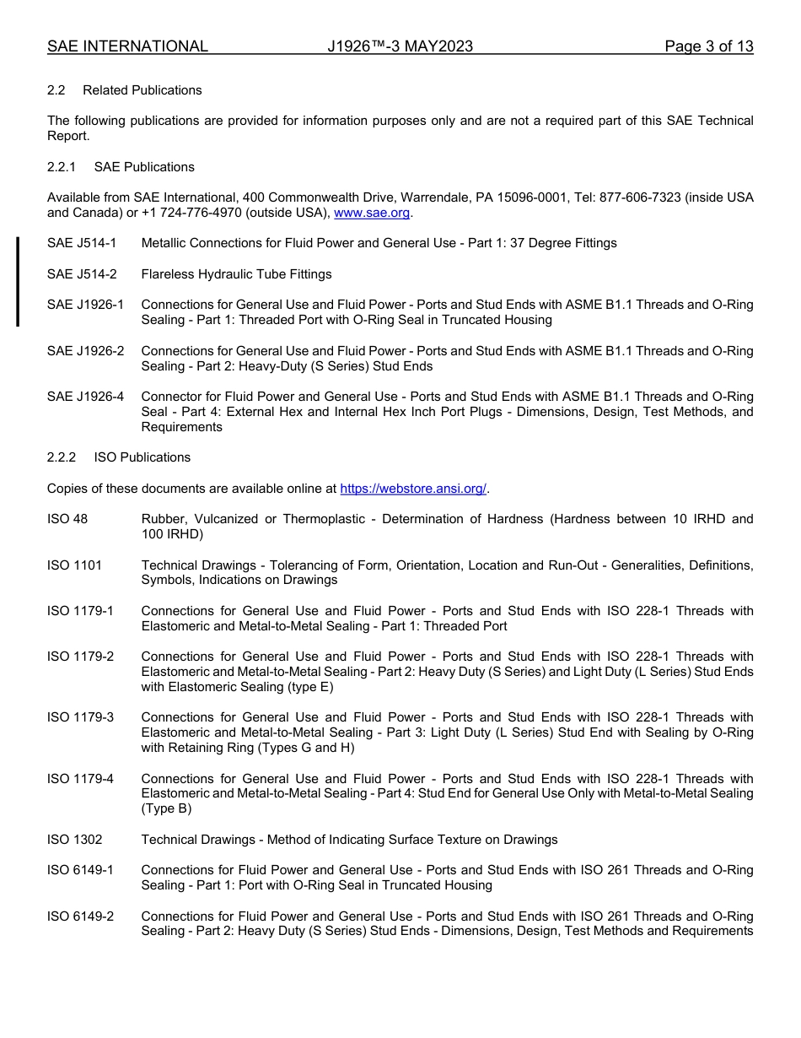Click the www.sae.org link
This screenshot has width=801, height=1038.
[x=372, y=214]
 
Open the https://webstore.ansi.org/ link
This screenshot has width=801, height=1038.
[x=413, y=489]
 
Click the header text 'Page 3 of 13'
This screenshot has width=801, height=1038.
[x=708, y=46]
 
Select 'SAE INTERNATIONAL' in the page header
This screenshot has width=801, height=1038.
[x=127, y=46]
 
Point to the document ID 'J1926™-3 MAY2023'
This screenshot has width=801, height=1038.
[x=400, y=46]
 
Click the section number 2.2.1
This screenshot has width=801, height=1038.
[x=62, y=167]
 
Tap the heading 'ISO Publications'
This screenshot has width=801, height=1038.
[x=142, y=457]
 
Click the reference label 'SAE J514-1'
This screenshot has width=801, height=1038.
[x=82, y=243]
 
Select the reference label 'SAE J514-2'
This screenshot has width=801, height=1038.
[x=82, y=274]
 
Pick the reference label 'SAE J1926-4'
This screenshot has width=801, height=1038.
[x=85, y=397]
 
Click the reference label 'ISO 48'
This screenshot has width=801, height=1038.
[x=67, y=519]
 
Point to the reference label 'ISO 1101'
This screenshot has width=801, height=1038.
[x=74, y=565]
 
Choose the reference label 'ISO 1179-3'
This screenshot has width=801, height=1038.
[x=80, y=717]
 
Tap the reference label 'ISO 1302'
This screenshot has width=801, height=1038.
[x=74, y=840]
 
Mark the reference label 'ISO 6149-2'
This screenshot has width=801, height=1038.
[x=80, y=916]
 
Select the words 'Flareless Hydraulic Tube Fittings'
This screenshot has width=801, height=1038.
[x=236, y=274]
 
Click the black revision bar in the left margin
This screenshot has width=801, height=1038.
[x=18, y=282]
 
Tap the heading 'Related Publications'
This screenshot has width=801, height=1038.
[x=142, y=90]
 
